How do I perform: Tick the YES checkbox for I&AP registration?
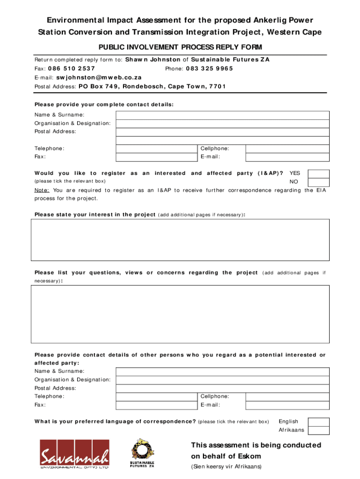tap(319, 174)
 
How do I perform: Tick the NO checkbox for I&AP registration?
tap(319, 182)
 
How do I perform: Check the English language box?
tap(319, 422)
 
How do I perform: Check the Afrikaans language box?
tap(319, 430)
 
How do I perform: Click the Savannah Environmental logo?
tap(75, 454)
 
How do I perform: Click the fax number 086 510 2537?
tap(72, 68)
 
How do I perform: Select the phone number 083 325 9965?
tap(209, 68)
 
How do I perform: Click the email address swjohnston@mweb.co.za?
tap(99, 77)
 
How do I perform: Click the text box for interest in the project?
tap(180, 239)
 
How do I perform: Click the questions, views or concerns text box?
tap(180, 314)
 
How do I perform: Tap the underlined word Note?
tap(43, 190)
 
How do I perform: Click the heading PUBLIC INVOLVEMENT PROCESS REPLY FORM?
tap(180, 47)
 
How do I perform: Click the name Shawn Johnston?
tap(152, 59)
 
